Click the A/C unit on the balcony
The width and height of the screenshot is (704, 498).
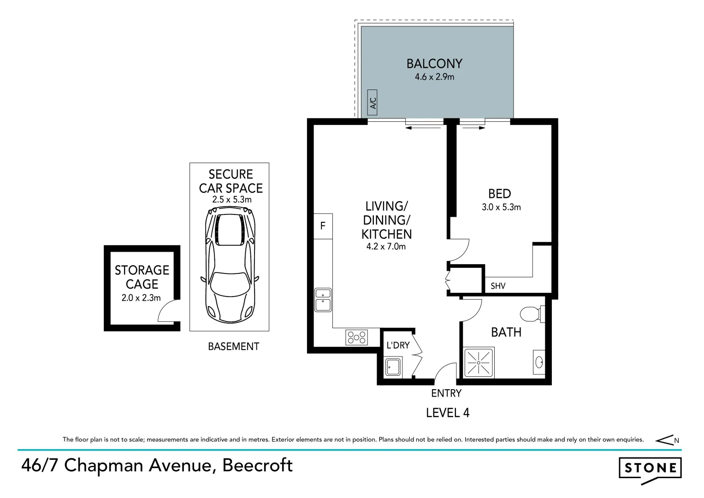click(x=373, y=102)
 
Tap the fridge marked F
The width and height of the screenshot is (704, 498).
click(x=323, y=226)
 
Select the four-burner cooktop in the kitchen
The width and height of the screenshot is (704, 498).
click(x=357, y=338)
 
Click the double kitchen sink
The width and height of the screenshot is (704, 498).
click(x=323, y=299)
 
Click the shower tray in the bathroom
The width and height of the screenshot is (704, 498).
click(x=479, y=363)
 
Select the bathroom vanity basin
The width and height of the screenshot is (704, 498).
click(x=539, y=362)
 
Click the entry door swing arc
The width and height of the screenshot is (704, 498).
click(x=445, y=371)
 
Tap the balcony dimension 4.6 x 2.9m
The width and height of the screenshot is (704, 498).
click(x=434, y=77)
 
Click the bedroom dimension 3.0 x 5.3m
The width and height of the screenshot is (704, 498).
click(x=501, y=207)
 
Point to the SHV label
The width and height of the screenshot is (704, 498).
click(x=498, y=286)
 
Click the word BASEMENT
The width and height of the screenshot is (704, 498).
click(x=233, y=346)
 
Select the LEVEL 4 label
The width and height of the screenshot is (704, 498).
click(x=447, y=413)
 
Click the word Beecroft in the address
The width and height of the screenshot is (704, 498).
click(x=257, y=466)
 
